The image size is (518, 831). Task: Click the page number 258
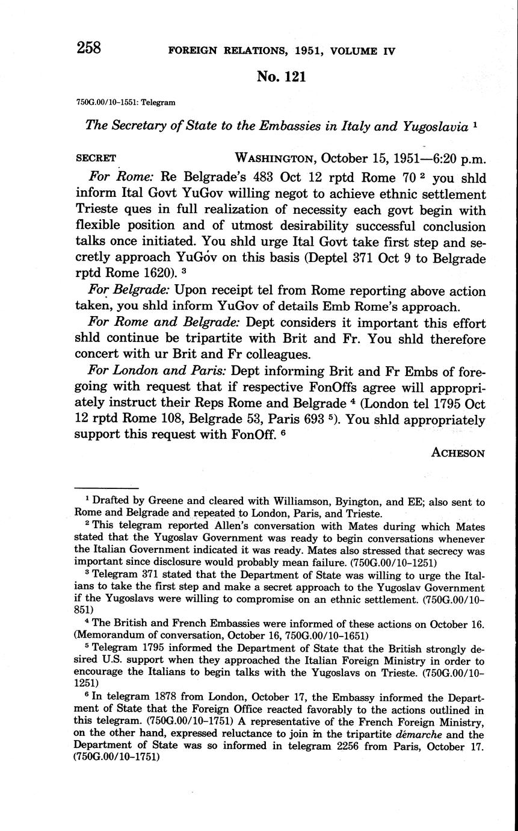(x=88, y=48)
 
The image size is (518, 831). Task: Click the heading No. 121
(x=282, y=76)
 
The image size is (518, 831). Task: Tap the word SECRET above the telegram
(x=96, y=158)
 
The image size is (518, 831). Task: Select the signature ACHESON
(x=458, y=453)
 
